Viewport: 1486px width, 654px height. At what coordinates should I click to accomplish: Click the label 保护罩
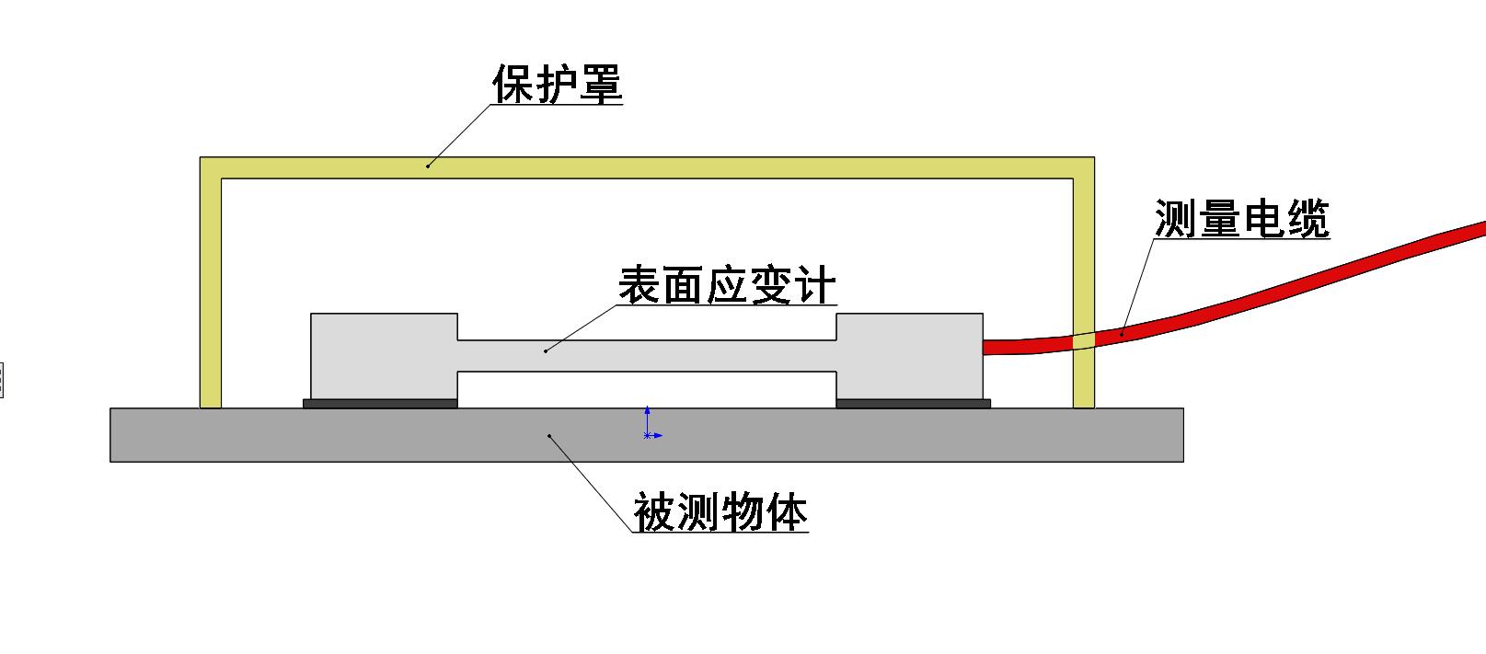tap(558, 85)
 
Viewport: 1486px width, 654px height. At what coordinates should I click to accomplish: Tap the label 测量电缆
tap(1241, 221)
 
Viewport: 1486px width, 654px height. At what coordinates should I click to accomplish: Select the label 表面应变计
tap(727, 286)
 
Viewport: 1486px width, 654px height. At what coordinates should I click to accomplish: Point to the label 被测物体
tap(720, 512)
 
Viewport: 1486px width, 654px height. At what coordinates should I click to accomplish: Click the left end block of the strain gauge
tap(384, 356)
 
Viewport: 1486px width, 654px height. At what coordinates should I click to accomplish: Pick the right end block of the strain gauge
tap(909, 356)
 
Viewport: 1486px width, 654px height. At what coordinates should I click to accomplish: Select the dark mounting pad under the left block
tap(380, 403)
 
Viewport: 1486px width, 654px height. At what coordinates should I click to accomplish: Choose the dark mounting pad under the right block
tap(913, 403)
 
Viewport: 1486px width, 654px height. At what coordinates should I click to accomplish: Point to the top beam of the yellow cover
tap(644, 167)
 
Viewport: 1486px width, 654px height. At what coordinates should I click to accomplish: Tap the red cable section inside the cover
tap(1026, 346)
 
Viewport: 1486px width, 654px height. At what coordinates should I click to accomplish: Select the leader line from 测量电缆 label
tap(1138, 285)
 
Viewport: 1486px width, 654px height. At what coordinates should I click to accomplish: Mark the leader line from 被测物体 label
tap(593, 484)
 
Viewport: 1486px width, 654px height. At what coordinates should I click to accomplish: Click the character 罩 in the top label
tap(601, 85)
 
